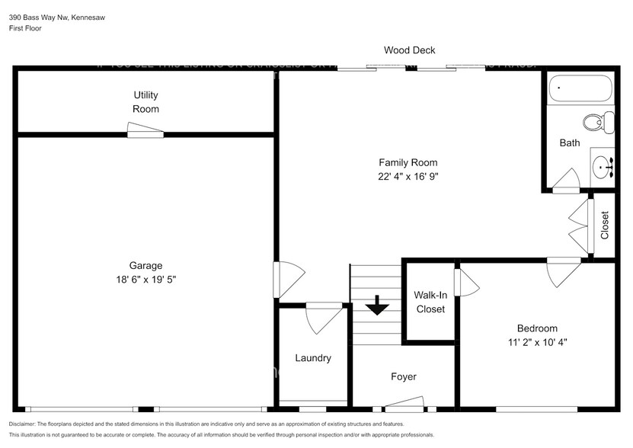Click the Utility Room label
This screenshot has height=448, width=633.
click(x=145, y=102)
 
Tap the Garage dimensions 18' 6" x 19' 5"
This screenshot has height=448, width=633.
click(x=145, y=280)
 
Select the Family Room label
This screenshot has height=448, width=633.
click(x=408, y=162)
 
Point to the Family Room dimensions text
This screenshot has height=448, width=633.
click(x=408, y=176)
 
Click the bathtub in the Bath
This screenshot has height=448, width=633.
click(x=580, y=90)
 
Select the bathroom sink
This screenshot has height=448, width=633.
click(x=603, y=165)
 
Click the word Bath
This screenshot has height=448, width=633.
click(x=569, y=142)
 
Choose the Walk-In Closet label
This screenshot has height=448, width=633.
click(x=429, y=302)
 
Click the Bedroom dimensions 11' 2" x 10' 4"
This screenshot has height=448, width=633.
click(x=537, y=342)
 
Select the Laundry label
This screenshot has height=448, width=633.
click(x=313, y=358)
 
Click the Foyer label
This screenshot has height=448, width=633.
click(x=403, y=376)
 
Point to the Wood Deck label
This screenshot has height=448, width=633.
click(x=409, y=51)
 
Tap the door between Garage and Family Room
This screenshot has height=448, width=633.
click(x=288, y=279)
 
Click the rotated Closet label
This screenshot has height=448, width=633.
click(x=605, y=226)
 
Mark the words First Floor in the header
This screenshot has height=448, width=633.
click(x=26, y=28)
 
